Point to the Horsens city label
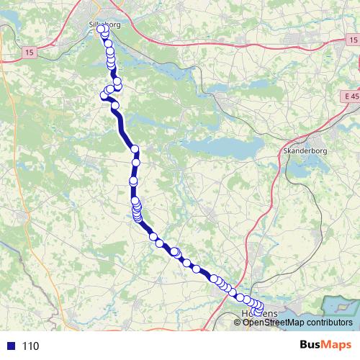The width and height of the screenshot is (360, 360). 260,315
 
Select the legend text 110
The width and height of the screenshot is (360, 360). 30,346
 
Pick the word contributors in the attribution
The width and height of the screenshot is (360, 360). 327,322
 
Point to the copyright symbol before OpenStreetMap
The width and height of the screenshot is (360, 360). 238,322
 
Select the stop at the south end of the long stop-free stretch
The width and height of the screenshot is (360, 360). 135,149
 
